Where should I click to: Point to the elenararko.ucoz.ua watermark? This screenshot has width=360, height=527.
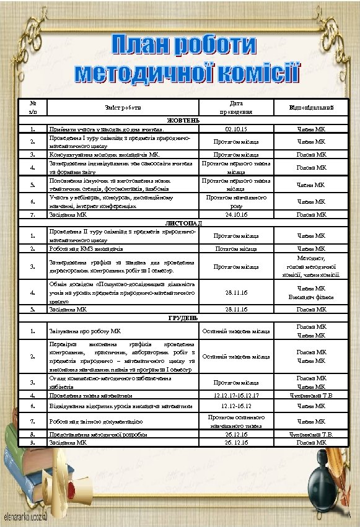click(27, 515)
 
